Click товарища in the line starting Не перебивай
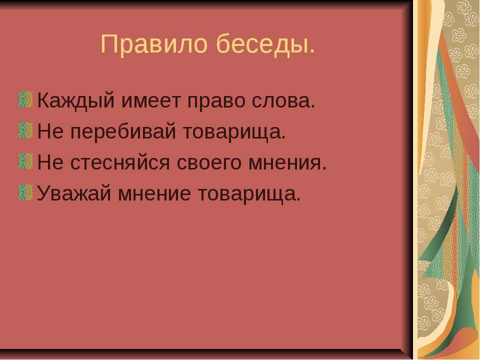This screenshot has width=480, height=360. click(x=236, y=133)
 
